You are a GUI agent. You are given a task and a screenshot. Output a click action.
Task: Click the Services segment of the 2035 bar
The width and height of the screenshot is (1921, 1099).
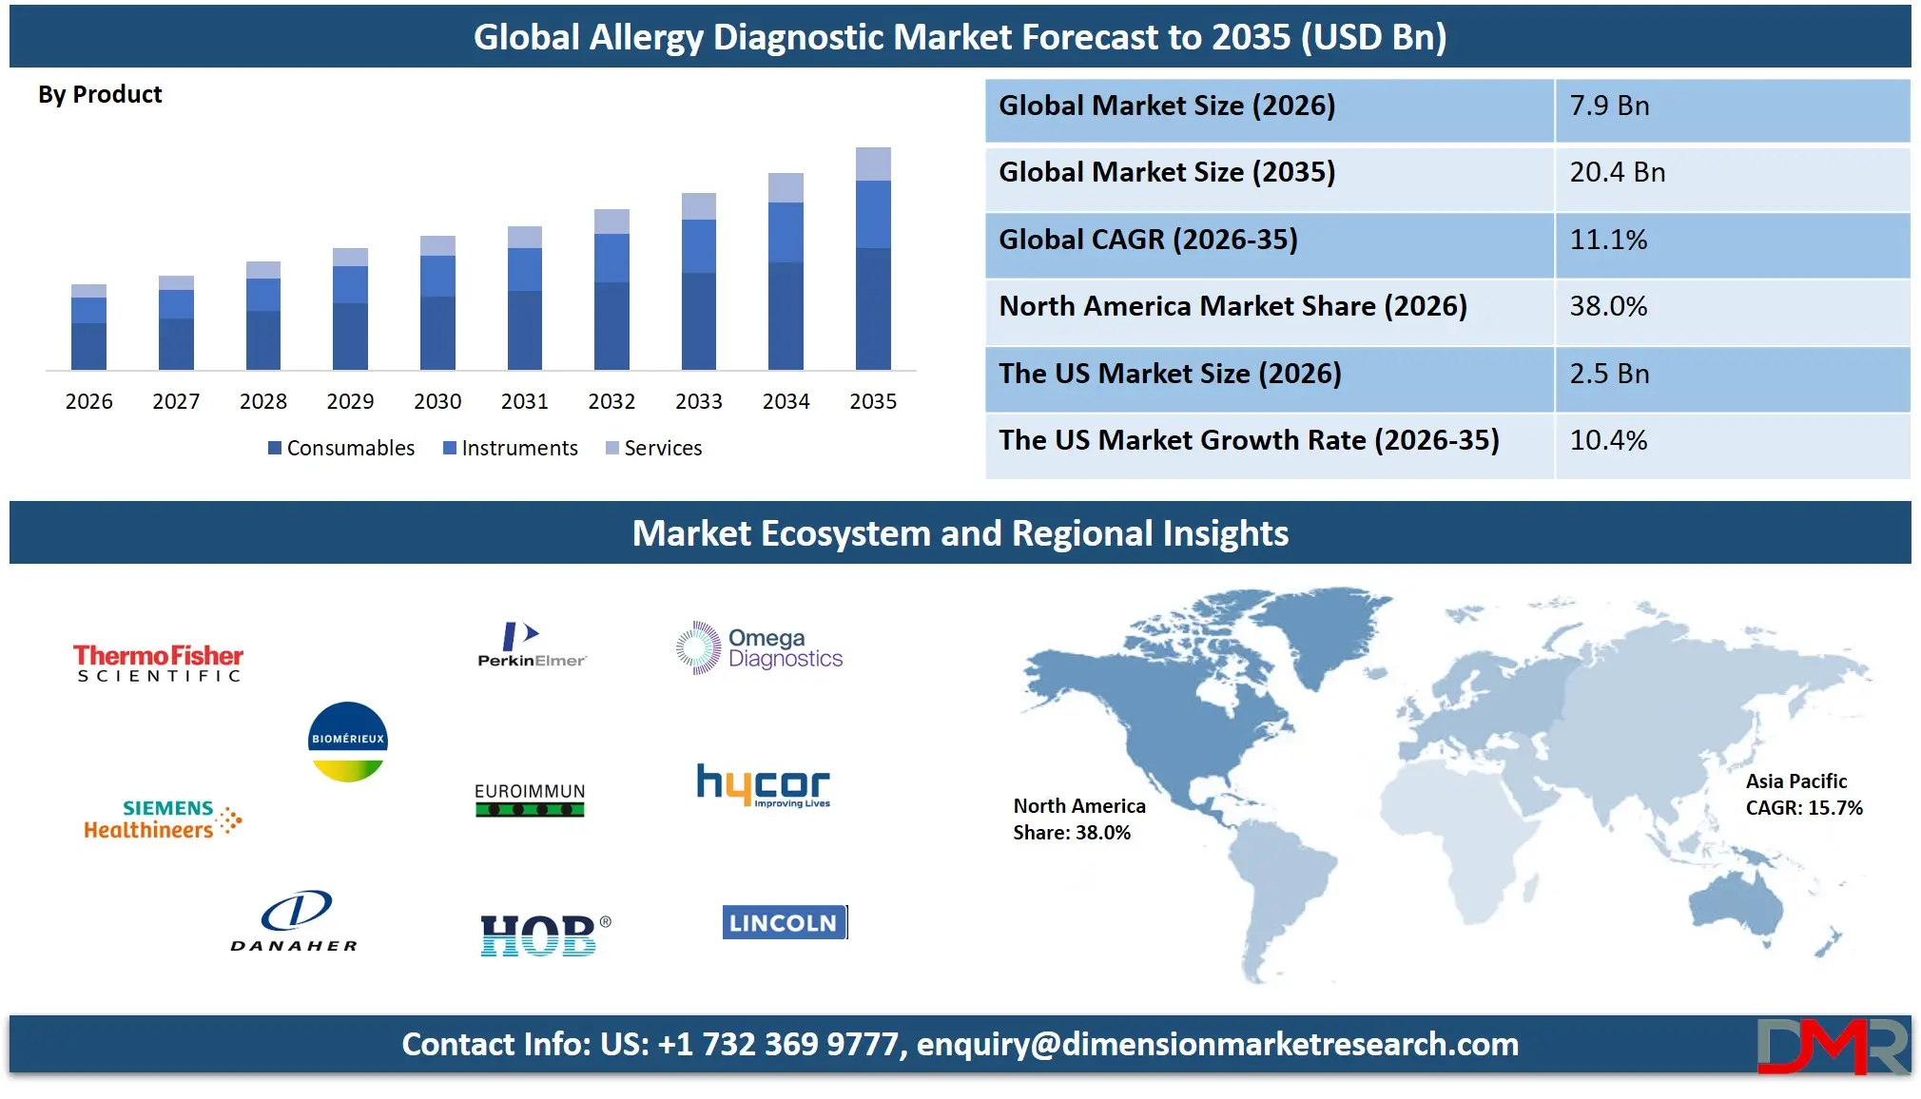point(873,164)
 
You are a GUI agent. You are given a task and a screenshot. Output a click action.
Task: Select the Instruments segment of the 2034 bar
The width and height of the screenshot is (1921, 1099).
point(786,232)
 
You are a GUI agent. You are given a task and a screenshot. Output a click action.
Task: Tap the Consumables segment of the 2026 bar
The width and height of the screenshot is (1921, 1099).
point(88,346)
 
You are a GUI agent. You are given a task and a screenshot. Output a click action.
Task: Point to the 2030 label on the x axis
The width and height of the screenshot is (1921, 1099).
point(437,401)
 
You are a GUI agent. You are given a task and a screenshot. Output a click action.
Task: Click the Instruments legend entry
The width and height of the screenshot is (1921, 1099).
point(511,448)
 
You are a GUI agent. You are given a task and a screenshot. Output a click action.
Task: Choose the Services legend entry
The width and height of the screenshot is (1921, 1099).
point(654,448)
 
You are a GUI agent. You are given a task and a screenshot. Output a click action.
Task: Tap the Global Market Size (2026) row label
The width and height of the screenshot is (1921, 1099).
point(1167,106)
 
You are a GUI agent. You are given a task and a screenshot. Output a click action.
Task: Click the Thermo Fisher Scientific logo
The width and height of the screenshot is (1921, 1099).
point(158,663)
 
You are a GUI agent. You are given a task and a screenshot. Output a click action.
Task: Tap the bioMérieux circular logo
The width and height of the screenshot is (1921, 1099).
point(348,742)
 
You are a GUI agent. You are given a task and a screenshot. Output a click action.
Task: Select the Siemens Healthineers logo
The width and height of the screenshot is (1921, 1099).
point(163,819)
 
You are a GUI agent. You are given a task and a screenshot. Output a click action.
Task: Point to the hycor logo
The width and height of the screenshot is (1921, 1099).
point(764,786)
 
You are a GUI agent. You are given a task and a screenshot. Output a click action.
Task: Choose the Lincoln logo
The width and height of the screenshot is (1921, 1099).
point(784,922)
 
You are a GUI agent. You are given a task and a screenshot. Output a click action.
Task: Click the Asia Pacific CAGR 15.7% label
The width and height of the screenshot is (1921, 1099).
point(1803,795)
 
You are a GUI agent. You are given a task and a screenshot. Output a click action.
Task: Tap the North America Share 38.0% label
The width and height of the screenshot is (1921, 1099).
point(1078,819)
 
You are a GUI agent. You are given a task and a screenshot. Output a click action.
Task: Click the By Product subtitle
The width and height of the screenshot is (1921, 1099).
point(100,95)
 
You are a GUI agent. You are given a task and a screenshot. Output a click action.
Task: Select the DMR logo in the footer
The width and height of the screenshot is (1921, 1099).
point(1832,1045)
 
